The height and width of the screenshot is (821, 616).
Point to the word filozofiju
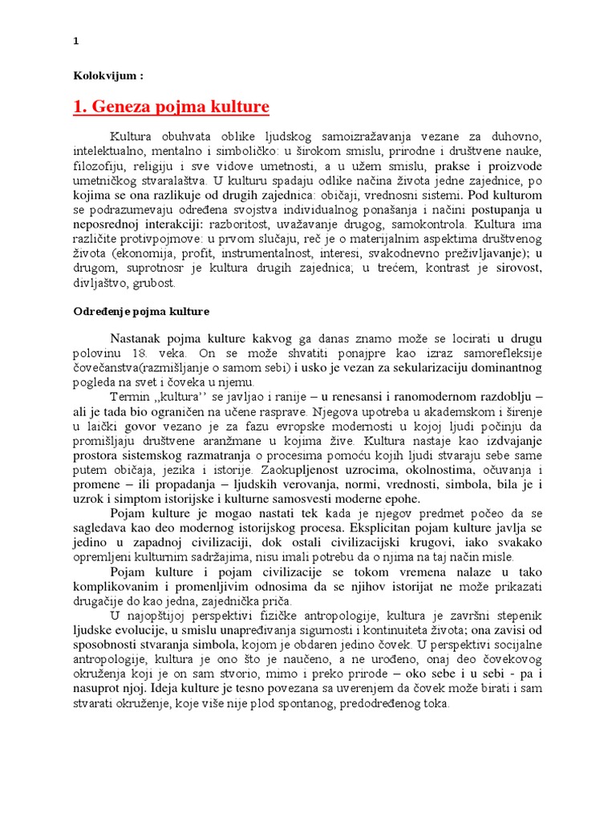click(x=101, y=168)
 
